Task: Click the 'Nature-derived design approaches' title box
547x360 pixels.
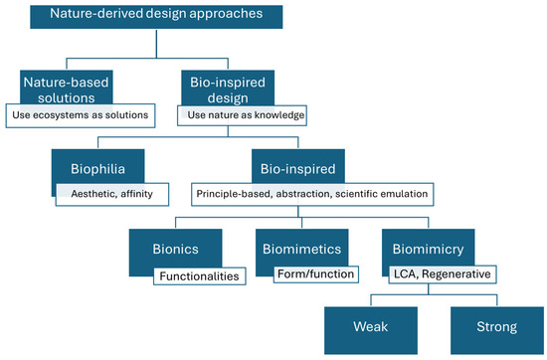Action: click(155, 17)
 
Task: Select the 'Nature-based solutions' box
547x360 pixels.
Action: click(66, 88)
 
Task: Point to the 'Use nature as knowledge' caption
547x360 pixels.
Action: click(243, 115)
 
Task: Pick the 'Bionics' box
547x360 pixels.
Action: click(169, 248)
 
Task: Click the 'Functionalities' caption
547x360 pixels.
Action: click(196, 274)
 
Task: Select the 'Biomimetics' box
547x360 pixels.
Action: click(296, 248)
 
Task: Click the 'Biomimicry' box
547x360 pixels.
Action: click(426, 248)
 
